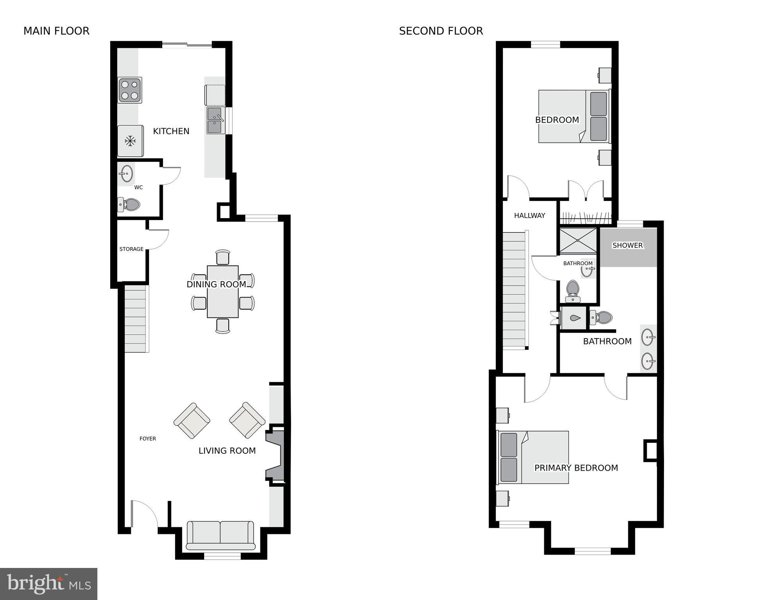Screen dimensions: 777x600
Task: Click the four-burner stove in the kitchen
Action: (130, 90)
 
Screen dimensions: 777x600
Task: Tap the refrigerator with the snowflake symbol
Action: (130, 141)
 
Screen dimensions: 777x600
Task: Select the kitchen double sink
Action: (216, 121)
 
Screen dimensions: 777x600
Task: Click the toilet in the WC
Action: (129, 204)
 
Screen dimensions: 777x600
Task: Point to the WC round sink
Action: (126, 174)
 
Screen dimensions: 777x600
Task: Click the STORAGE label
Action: (131, 249)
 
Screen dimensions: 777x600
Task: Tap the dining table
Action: (223, 292)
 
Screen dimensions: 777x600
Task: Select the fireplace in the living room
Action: (275, 456)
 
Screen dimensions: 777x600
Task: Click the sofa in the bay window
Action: (221, 536)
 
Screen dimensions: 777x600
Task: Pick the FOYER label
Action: (148, 439)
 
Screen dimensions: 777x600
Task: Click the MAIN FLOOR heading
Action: (56, 31)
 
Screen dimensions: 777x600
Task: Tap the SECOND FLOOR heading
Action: (441, 31)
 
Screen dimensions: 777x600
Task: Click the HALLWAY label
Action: (529, 215)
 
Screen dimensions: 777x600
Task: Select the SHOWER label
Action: (628, 245)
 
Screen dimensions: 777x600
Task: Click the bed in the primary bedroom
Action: (533, 457)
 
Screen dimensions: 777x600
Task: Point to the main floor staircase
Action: (136, 319)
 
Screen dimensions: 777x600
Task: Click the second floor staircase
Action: (514, 290)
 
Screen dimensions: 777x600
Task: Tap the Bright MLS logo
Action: (48, 584)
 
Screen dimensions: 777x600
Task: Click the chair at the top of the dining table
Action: (223, 257)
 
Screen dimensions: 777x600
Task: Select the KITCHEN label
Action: (171, 131)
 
